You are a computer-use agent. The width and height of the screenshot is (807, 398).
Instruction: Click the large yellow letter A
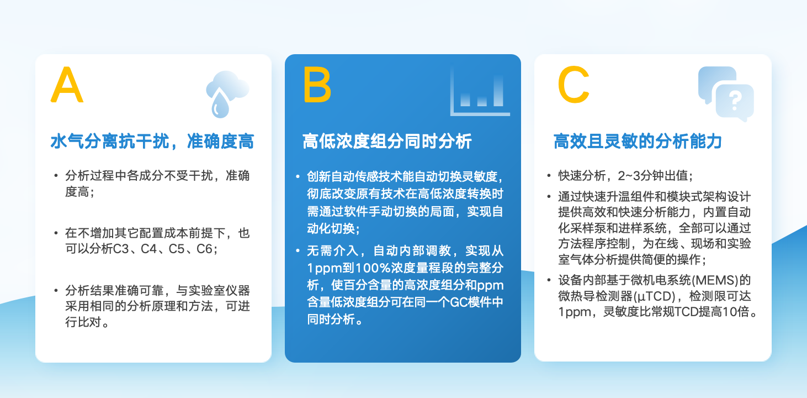67,85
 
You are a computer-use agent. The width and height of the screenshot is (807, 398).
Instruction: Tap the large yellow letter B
317,85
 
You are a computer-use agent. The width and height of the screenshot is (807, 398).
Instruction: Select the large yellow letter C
573,85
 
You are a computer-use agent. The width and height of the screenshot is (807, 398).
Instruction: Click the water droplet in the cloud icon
220,104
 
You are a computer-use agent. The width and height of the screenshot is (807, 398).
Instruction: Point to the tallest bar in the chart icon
498,91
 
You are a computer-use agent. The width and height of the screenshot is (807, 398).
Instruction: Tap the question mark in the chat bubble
735,101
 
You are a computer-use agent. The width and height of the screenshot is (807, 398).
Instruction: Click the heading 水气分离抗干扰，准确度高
152,141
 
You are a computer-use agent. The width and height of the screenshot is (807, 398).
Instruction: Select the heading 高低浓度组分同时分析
387,141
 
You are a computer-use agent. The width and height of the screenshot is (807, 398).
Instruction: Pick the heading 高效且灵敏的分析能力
638,141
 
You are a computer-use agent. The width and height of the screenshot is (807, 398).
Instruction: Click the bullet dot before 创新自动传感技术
298,176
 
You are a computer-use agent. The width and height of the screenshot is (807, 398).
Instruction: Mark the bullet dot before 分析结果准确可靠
56,290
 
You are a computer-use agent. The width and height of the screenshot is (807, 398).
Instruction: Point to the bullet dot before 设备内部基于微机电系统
549,280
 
